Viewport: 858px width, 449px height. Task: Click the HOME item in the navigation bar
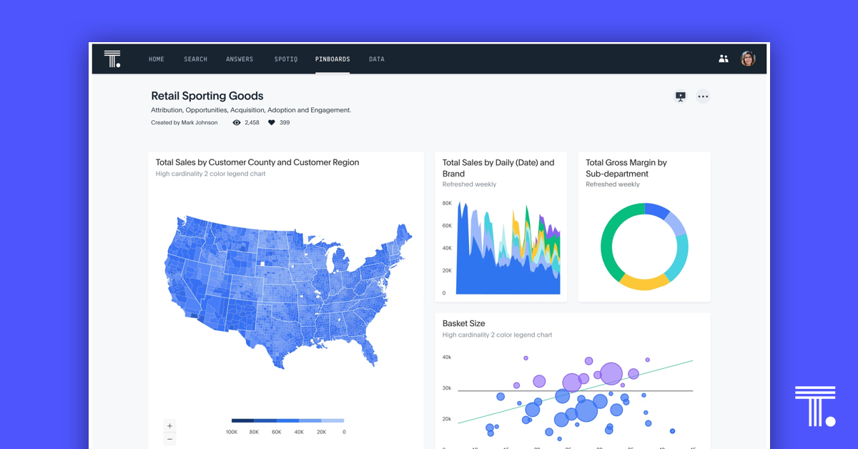(x=156, y=59)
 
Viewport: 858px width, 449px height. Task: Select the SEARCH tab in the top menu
(x=195, y=59)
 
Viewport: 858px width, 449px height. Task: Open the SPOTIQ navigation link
(x=285, y=59)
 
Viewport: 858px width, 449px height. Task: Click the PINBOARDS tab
(x=332, y=59)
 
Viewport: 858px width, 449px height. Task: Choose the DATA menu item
(x=377, y=59)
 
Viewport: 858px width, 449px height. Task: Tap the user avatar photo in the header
(x=748, y=59)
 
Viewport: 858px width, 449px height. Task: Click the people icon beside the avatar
(x=724, y=59)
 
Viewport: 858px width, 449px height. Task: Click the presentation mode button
(x=681, y=97)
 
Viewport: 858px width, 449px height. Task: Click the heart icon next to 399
(x=272, y=123)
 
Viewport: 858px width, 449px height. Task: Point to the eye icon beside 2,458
(x=237, y=123)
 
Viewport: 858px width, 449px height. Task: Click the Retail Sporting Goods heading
(x=207, y=96)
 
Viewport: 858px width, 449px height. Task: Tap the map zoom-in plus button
(x=169, y=426)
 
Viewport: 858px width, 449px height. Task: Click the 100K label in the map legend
(x=232, y=432)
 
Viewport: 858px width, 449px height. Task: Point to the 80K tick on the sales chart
(x=447, y=203)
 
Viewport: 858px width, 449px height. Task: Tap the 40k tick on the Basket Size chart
(x=447, y=357)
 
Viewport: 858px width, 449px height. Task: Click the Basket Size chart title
(x=463, y=323)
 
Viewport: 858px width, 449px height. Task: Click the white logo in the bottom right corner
(x=815, y=406)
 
